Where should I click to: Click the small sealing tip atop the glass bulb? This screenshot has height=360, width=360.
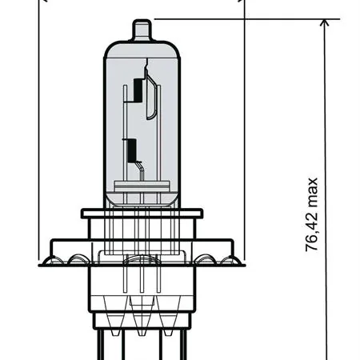click(x=142, y=31)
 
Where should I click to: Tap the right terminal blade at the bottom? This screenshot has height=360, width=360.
click(x=184, y=344)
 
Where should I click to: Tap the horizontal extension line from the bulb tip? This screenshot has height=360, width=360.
click(x=240, y=18)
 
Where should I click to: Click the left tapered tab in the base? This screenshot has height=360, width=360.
click(x=107, y=324)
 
